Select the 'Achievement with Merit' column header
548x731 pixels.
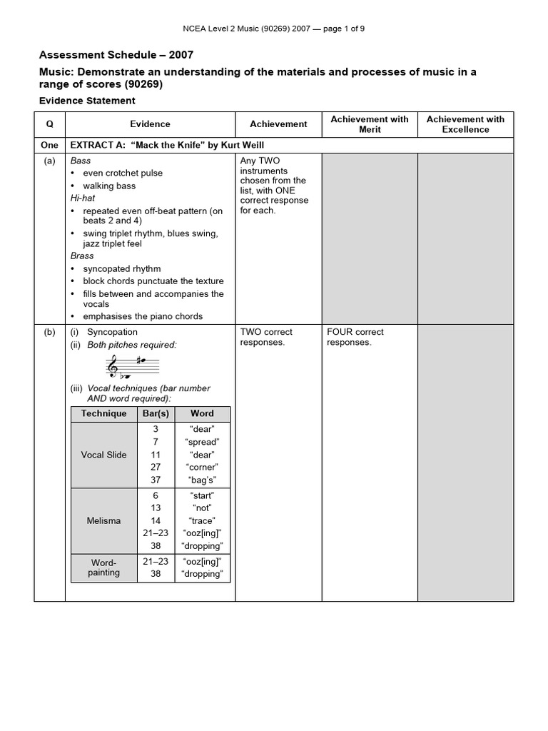pos(370,124)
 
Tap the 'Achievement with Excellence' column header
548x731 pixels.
pos(465,124)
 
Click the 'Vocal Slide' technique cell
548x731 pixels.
pos(103,455)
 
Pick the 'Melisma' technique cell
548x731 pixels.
pos(103,520)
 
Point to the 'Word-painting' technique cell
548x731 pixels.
pos(103,568)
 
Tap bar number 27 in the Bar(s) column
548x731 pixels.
pos(156,468)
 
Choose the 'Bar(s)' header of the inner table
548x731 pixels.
pos(156,413)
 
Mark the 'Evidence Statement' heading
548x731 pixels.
pos(86,101)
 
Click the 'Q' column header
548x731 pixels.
pos(49,124)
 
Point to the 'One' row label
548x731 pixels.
pos(49,145)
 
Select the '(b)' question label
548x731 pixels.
pos(49,332)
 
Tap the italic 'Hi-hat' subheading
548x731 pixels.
pos(83,198)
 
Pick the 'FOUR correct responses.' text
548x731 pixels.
pos(355,337)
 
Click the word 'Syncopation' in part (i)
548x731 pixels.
pos(112,332)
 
